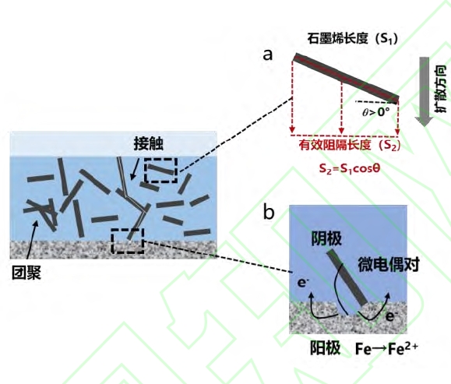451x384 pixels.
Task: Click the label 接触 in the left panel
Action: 149,143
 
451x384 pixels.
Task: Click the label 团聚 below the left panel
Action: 26,273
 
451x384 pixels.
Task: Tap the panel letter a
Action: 267,55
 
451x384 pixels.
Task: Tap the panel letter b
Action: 269,213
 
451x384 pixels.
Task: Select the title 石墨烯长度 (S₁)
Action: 353,38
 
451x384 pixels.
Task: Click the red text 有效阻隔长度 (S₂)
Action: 350,145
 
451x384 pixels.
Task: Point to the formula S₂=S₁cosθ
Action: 350,168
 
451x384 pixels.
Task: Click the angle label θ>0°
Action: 375,112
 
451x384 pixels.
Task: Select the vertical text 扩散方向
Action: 440,89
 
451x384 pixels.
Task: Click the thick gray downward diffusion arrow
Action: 424,91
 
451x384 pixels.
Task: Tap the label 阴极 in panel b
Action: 326,239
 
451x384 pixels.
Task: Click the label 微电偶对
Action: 389,264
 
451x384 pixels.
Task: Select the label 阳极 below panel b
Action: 325,347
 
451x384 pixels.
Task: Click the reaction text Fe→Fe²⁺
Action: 386,348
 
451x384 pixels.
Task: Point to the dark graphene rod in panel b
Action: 347,277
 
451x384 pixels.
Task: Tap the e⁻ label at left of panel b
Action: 302,283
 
